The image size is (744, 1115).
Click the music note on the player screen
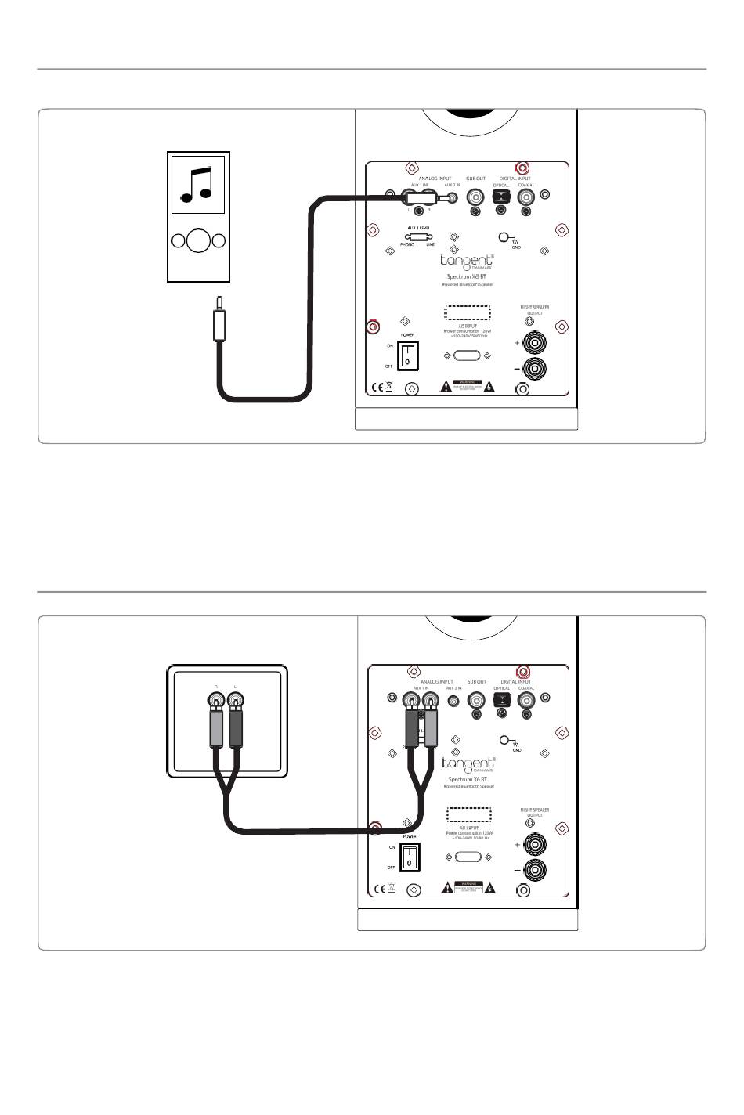tap(197, 184)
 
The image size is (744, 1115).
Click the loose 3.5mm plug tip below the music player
tap(219, 302)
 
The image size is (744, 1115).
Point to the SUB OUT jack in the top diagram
tap(475, 197)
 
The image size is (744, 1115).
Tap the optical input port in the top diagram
tap(501, 197)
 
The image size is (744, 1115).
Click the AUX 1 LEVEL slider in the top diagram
tap(417, 237)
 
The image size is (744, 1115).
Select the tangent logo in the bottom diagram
tap(468, 763)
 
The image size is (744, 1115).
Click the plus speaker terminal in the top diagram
tap(536, 343)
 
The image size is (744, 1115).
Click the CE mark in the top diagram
tap(377, 387)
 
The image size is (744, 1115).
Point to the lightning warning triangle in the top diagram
tap(489, 386)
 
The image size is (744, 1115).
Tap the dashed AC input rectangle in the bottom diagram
tap(468, 815)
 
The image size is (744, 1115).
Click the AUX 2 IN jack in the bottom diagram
tap(451, 699)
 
